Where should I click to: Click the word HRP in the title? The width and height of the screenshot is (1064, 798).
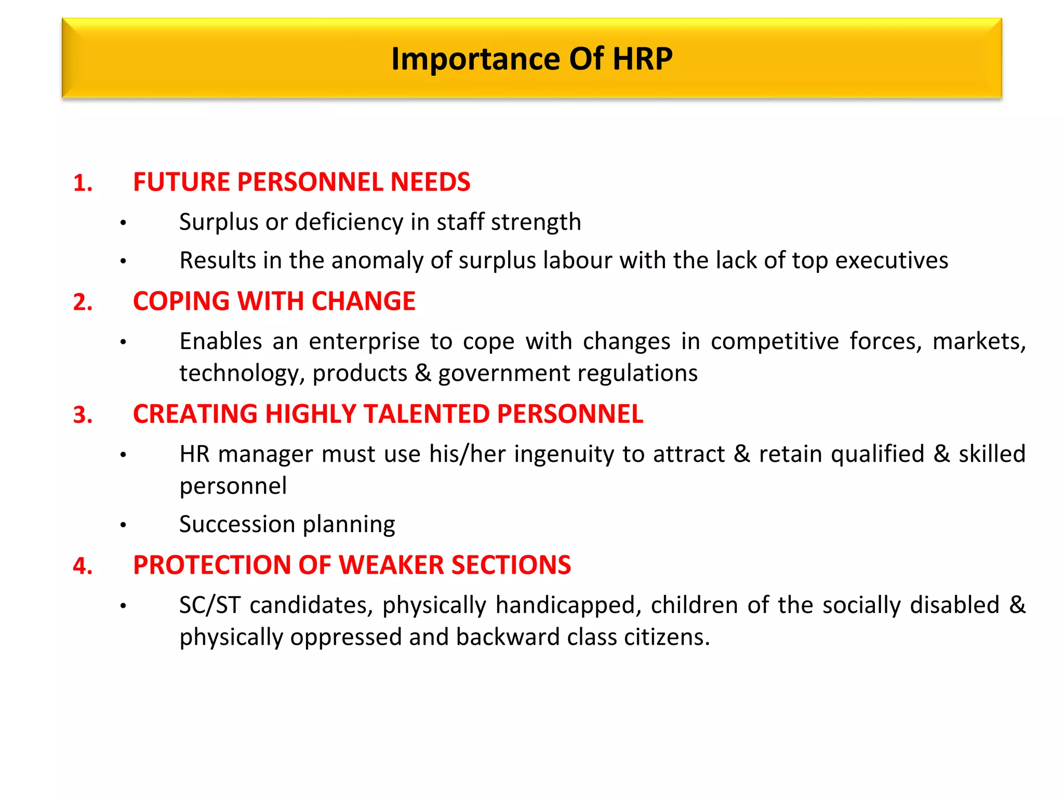(642, 58)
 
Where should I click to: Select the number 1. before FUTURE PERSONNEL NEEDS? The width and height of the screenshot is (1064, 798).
(83, 183)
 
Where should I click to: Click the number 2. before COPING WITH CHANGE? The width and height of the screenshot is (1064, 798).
(83, 302)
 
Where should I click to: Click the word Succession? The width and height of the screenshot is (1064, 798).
(237, 524)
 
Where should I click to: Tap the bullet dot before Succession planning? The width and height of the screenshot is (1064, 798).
(123, 525)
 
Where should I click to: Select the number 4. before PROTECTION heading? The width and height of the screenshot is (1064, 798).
(83, 566)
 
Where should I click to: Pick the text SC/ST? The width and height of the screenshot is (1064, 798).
(210, 605)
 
